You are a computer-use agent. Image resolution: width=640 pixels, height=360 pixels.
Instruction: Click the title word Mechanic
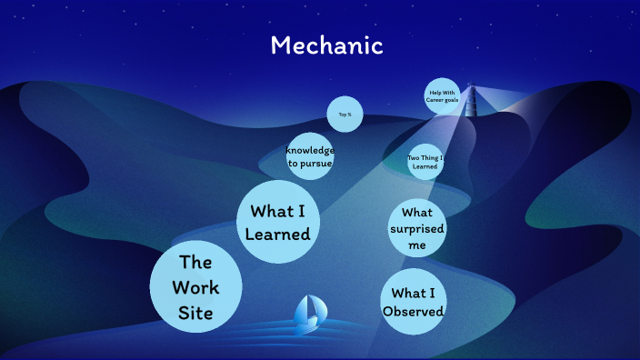[326, 45]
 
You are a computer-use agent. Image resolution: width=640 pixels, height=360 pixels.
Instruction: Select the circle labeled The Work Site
[195, 286]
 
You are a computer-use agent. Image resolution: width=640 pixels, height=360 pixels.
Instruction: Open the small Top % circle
[345, 115]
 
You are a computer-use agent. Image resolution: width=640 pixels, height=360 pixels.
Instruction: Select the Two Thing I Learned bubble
[425, 163]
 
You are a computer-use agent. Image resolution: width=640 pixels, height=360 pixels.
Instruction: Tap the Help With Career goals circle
[442, 96]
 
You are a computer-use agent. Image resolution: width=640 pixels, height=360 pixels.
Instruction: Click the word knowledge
[310, 150]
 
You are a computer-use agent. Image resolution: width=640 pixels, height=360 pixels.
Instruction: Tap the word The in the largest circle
[195, 263]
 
